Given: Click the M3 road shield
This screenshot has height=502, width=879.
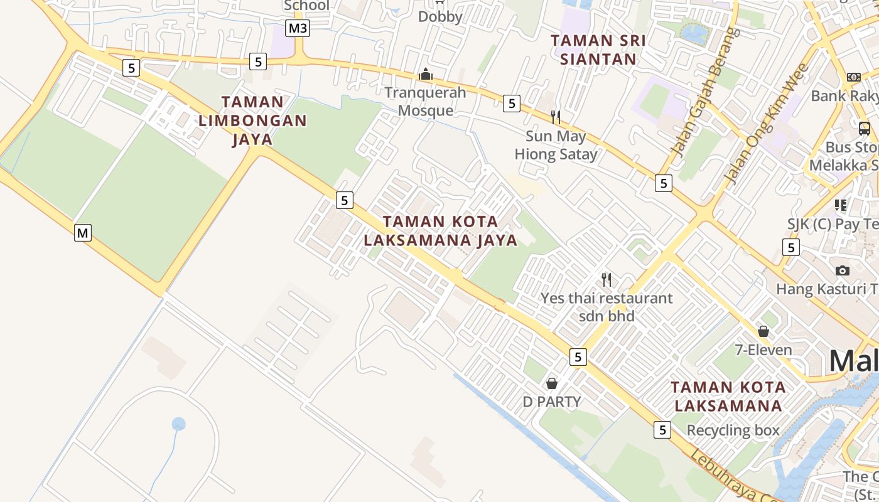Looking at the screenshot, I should (x=298, y=28).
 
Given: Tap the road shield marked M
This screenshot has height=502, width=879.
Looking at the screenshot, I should (x=83, y=233).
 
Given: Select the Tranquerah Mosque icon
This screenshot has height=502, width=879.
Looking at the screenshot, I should (x=426, y=75).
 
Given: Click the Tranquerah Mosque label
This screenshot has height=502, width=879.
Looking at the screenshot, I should (x=426, y=102).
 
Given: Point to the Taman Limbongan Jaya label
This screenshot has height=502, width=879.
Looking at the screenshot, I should (x=252, y=120).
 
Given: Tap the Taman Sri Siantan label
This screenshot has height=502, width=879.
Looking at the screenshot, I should (x=598, y=50).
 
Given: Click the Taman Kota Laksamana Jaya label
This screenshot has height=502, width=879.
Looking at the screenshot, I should (x=441, y=231).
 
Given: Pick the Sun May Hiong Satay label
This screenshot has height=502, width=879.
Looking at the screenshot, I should (x=556, y=145).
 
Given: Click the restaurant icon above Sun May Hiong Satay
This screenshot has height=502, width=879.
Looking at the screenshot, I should (x=555, y=117).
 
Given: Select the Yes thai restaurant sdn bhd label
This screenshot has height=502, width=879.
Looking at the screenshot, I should (x=607, y=307).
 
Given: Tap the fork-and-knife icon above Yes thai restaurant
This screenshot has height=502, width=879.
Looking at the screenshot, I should (x=606, y=279).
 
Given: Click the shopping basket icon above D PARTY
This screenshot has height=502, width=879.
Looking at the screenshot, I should (x=552, y=383).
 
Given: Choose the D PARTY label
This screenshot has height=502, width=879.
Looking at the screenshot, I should (x=552, y=402).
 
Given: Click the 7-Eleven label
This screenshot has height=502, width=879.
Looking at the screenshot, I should (x=763, y=350).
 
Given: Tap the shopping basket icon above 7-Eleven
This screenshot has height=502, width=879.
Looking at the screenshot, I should (x=763, y=331).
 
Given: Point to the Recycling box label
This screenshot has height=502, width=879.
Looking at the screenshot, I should (x=733, y=430).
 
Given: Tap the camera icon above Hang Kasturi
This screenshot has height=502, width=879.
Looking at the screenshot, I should (x=843, y=270).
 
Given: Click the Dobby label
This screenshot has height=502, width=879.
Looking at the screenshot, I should (x=440, y=17).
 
